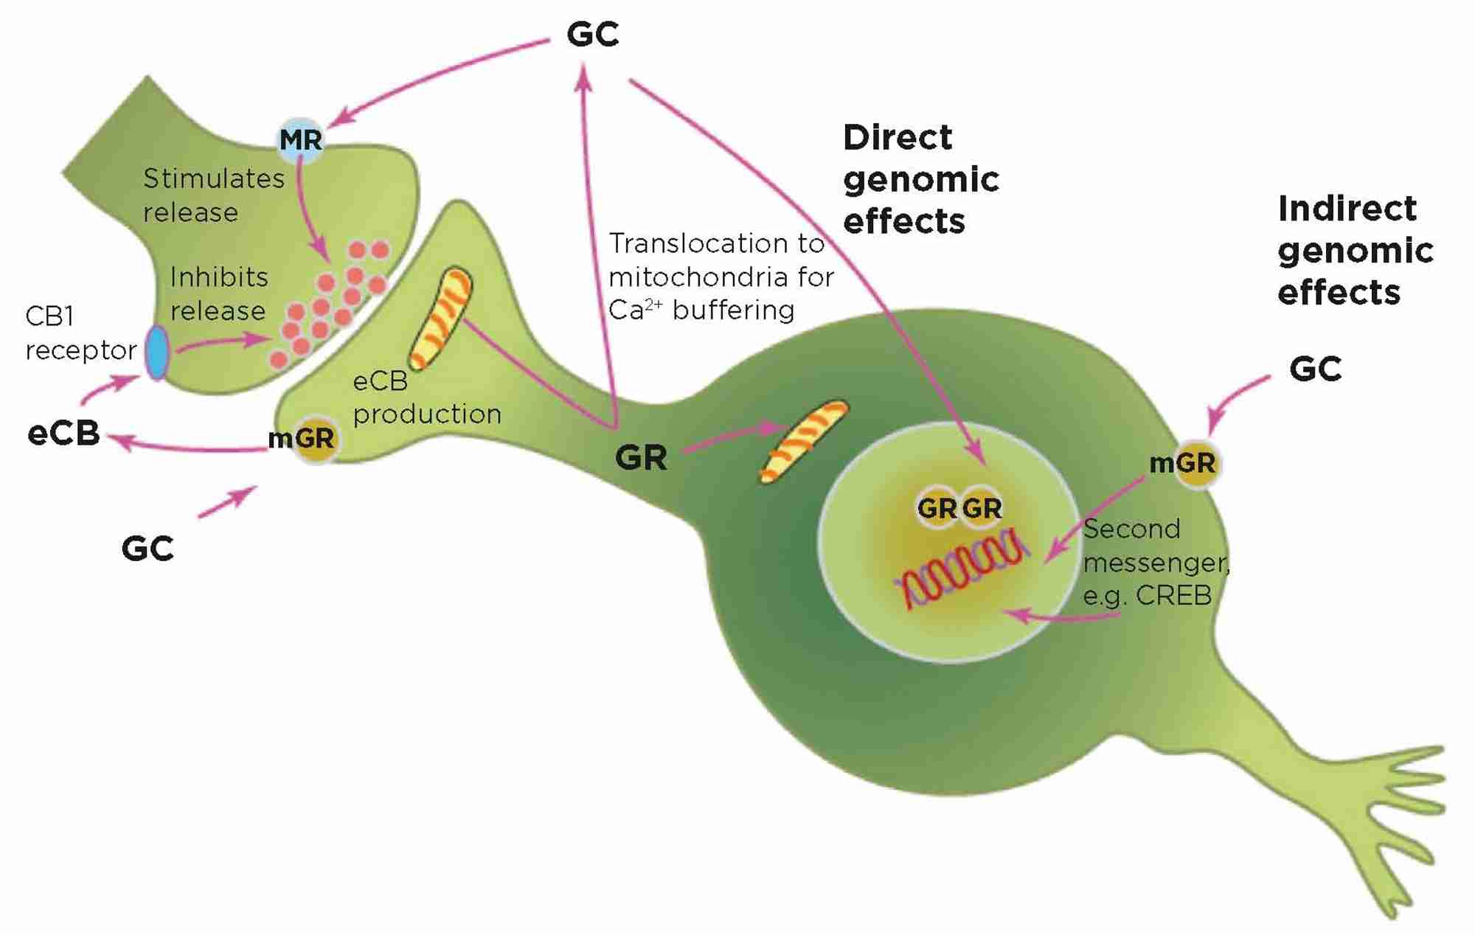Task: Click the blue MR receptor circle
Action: coord(301,139)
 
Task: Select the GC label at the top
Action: coord(592,34)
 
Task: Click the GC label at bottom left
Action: coord(147,549)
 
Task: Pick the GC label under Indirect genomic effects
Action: coord(1315,369)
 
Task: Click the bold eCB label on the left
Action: coord(63,433)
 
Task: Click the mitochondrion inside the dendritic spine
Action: coord(441,319)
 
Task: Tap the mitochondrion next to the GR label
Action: coord(805,441)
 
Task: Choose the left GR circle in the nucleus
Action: coord(937,508)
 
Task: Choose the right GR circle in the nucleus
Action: coord(982,508)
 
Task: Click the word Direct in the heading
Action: coord(898,138)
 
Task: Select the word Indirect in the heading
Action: coord(1347,209)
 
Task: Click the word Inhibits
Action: coord(219,277)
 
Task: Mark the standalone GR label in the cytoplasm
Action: coord(641,458)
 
